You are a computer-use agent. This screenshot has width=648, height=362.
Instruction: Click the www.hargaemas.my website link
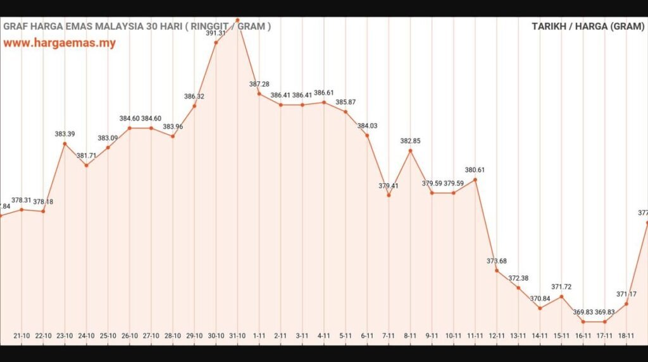(59, 44)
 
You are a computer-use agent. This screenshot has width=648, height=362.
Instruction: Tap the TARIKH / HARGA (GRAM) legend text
(588, 27)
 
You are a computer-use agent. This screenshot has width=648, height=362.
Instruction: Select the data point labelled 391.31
(216, 43)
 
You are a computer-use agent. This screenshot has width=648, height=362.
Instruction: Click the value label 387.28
(259, 84)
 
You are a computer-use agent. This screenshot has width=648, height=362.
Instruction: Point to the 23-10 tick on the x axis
(65, 336)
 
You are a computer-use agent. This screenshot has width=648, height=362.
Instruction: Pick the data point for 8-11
(410, 150)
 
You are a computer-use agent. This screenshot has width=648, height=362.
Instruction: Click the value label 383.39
(65, 134)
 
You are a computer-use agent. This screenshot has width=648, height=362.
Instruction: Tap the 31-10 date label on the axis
(237, 336)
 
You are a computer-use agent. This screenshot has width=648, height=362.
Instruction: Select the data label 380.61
(475, 170)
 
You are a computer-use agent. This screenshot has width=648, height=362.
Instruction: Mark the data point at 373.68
(497, 270)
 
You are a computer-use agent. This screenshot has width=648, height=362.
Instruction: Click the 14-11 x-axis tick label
(540, 336)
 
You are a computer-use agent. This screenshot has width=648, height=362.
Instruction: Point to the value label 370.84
(540, 298)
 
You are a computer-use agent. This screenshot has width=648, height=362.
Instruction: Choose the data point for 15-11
(561, 296)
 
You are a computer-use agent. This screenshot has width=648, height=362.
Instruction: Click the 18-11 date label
(626, 336)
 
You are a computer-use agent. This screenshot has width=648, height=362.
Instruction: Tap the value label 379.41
(389, 186)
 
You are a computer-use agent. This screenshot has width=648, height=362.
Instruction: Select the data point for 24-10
(86, 166)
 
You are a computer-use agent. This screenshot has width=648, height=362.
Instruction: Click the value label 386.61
(324, 92)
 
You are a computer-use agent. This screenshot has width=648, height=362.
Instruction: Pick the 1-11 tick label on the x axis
(259, 336)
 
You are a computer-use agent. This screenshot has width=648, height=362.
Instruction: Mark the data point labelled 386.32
(194, 106)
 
